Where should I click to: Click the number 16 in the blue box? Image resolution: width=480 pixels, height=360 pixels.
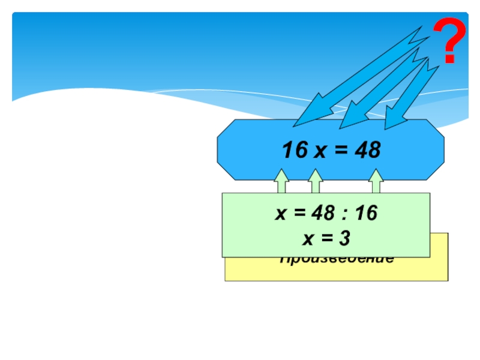295,151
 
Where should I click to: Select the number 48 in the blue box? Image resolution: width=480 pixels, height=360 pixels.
367,151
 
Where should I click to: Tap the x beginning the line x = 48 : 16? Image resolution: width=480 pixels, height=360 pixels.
280,214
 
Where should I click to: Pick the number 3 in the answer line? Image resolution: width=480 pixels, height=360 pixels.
344,239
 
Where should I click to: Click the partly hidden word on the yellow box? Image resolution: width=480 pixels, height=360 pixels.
336,260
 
